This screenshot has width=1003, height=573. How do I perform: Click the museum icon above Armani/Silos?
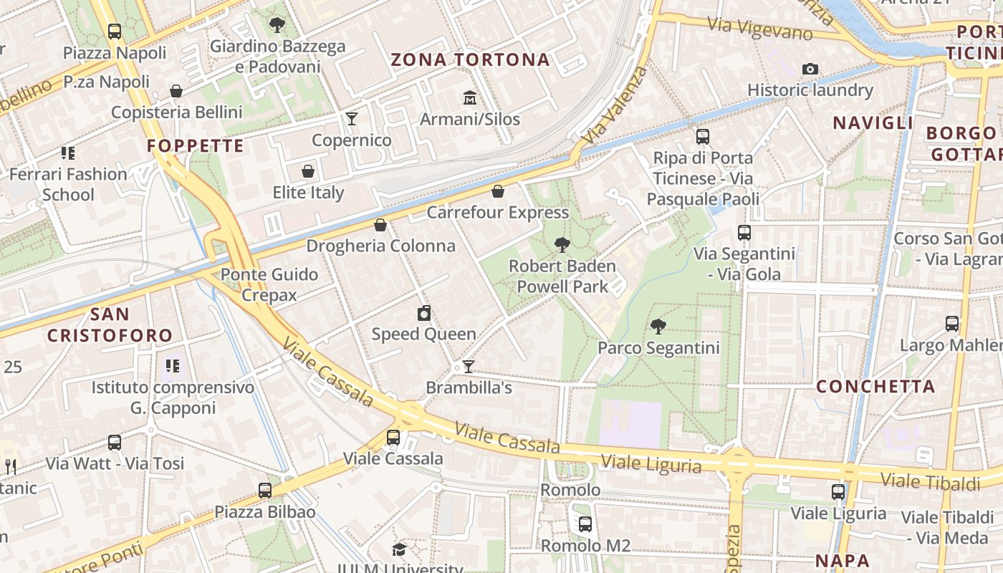(x=470, y=97)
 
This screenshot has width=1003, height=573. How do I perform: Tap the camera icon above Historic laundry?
(x=810, y=69)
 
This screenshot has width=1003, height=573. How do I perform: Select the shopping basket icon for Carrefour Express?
(x=498, y=191)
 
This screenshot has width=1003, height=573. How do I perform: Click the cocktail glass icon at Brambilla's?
(x=469, y=367)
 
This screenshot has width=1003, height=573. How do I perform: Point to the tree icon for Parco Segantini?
(x=658, y=327)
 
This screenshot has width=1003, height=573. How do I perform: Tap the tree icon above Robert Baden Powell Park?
(x=562, y=245)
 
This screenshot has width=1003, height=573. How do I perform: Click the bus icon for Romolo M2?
(x=585, y=524)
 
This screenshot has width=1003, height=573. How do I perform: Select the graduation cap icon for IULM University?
(x=399, y=549)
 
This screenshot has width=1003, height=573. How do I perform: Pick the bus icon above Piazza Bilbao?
(x=265, y=491)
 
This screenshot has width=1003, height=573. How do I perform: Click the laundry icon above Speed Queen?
(x=424, y=313)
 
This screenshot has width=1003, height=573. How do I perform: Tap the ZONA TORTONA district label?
(x=470, y=59)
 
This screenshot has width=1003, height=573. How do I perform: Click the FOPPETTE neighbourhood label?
(x=196, y=146)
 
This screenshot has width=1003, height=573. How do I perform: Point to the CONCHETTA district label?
(x=875, y=387)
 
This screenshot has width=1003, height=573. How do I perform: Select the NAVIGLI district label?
(x=873, y=123)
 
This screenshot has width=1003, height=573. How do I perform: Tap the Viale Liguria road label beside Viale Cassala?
(x=651, y=464)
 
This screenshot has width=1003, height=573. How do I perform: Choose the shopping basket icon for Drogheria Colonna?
(x=380, y=225)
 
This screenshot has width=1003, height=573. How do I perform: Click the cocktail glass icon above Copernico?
(x=352, y=118)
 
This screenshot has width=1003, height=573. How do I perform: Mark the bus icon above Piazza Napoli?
(x=115, y=32)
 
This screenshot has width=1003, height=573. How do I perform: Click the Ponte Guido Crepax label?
(x=269, y=284)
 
